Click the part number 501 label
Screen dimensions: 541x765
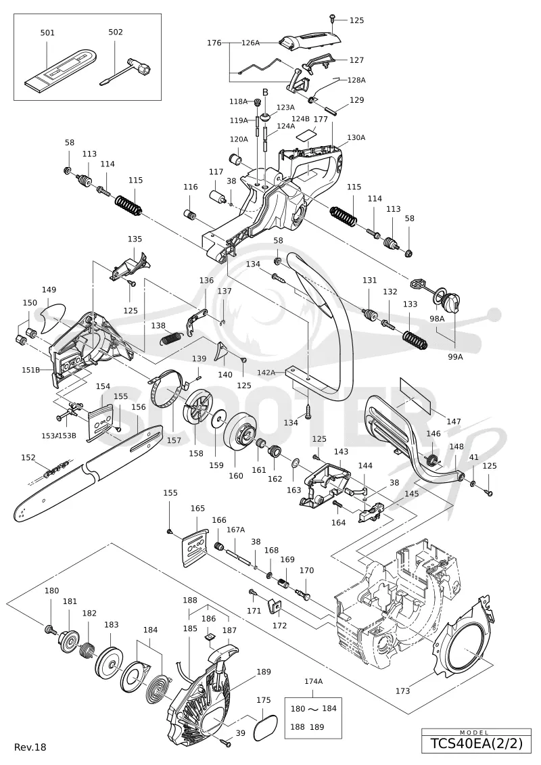47,32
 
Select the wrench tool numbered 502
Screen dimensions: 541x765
128,71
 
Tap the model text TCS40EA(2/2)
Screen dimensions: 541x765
476,743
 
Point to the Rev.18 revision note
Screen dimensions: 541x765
30,747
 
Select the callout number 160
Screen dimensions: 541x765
235,476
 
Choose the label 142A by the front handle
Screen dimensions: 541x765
266,372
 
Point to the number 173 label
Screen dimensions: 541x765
402,691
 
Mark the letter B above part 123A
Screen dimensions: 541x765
265,92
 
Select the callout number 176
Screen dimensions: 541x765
214,43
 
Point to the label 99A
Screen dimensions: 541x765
455,356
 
